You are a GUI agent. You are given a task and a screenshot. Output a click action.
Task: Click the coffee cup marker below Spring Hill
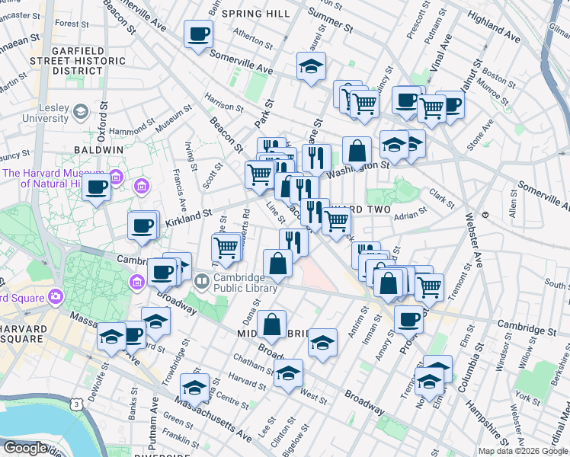pyautogui.click(x=198, y=34)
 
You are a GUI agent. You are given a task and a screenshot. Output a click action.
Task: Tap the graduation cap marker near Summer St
pyautogui.click(x=311, y=68)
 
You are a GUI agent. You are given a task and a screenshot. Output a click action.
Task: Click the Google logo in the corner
pyautogui.click(x=24, y=448)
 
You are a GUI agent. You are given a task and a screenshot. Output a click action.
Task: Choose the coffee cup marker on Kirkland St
pyautogui.click(x=142, y=225)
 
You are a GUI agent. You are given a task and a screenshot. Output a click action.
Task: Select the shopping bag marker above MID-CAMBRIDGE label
pyautogui.click(x=271, y=324)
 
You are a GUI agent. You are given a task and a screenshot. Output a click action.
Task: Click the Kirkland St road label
pyautogui.click(x=187, y=219)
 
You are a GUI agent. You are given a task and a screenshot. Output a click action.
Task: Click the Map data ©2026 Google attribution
pyautogui.click(x=524, y=451)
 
